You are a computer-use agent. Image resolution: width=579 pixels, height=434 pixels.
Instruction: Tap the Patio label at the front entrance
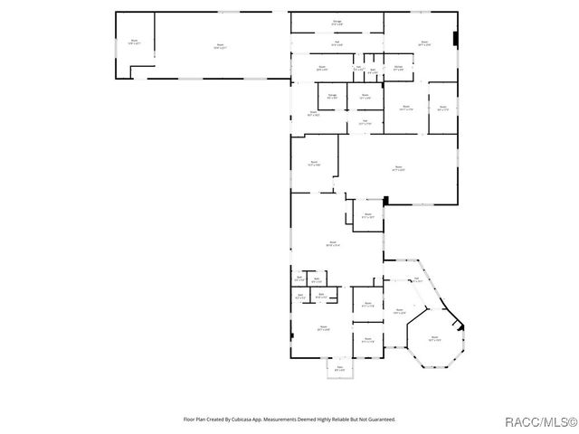click(x=340, y=369)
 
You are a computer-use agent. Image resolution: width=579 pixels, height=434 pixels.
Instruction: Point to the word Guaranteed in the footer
click(x=380, y=419)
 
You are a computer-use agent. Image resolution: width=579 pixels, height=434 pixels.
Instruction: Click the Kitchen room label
click(x=398, y=68)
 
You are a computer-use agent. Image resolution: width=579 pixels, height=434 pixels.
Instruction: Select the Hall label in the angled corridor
click(x=417, y=279)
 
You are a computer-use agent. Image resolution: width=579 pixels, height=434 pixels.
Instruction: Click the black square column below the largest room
click(x=385, y=200)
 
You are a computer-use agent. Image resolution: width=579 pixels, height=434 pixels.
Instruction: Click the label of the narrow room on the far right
click(x=442, y=108)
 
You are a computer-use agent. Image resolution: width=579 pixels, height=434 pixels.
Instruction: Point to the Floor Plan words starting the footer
click(x=194, y=419)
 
